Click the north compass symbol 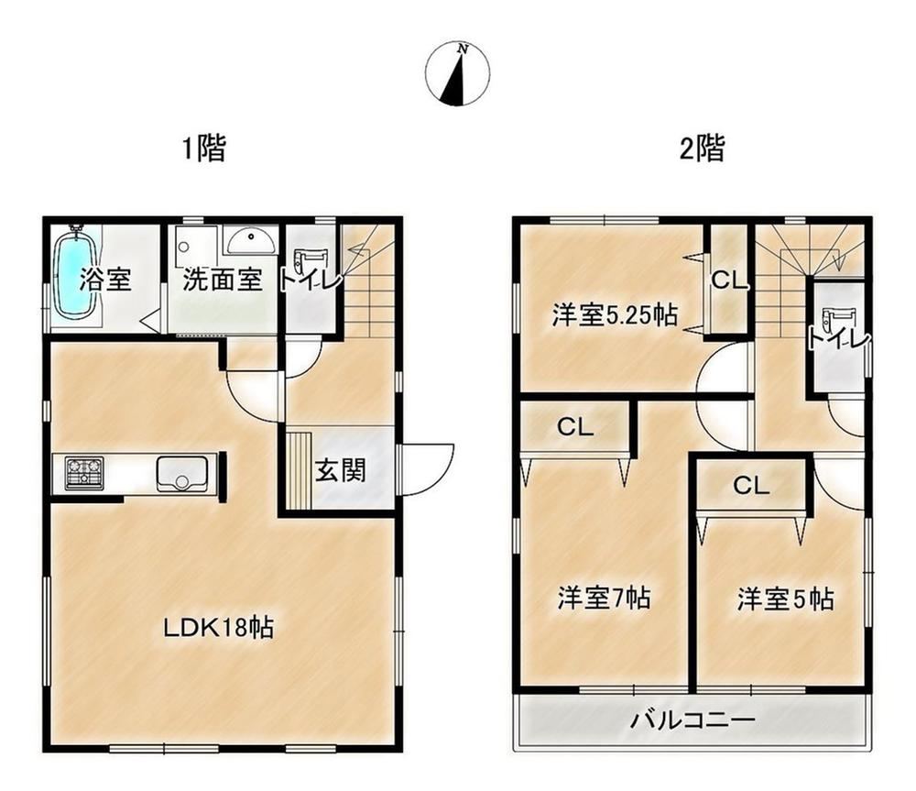coord(457,73)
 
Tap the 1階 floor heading coord(204,148)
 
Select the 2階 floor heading coord(703,148)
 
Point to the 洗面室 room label coord(222,280)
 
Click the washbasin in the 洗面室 coord(252,241)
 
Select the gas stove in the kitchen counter coord(84,473)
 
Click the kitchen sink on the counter coord(181,473)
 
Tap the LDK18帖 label coord(219,629)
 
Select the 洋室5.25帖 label coord(616,315)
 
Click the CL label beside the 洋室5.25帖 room coord(729,280)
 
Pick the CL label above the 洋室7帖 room coord(575,427)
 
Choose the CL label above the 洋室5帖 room coord(751,485)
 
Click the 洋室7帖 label coord(604,598)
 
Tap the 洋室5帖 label coord(786,599)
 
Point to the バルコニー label coord(692,720)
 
